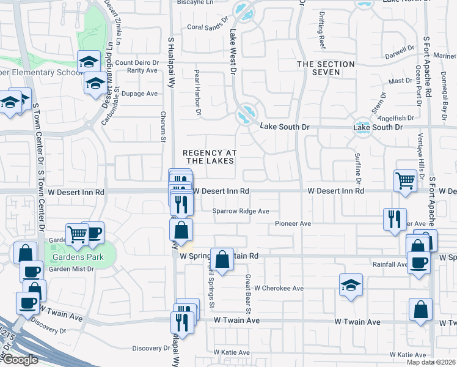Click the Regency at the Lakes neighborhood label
[x=210, y=157]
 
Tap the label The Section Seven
[x=326, y=68]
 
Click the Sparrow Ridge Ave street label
[x=241, y=211]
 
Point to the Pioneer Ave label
[x=293, y=224]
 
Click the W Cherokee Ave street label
[x=279, y=288]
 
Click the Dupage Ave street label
[x=140, y=94]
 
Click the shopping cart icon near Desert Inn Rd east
[x=405, y=181]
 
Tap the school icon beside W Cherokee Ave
[x=351, y=285]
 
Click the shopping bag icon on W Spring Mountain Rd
[x=222, y=259]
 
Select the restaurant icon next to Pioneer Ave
[x=395, y=219]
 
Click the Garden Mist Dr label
[x=71, y=269]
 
